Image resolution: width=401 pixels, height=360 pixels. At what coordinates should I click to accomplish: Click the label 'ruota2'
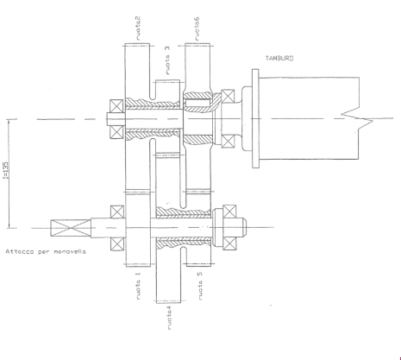coord(138,28)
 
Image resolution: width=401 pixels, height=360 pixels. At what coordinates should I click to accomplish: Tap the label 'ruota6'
coord(197,28)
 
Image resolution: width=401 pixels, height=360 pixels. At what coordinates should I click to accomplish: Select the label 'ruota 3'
coord(167,60)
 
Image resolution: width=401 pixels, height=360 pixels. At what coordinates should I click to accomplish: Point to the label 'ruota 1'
coord(138,286)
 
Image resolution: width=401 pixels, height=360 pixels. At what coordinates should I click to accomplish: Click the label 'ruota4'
coord(169,318)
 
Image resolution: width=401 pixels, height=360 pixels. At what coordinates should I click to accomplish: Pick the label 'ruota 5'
coord(200,286)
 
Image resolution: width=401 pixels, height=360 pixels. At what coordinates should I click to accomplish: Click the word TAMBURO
coord(279,59)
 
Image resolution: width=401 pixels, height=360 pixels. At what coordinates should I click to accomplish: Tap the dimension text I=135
coord(6,170)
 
